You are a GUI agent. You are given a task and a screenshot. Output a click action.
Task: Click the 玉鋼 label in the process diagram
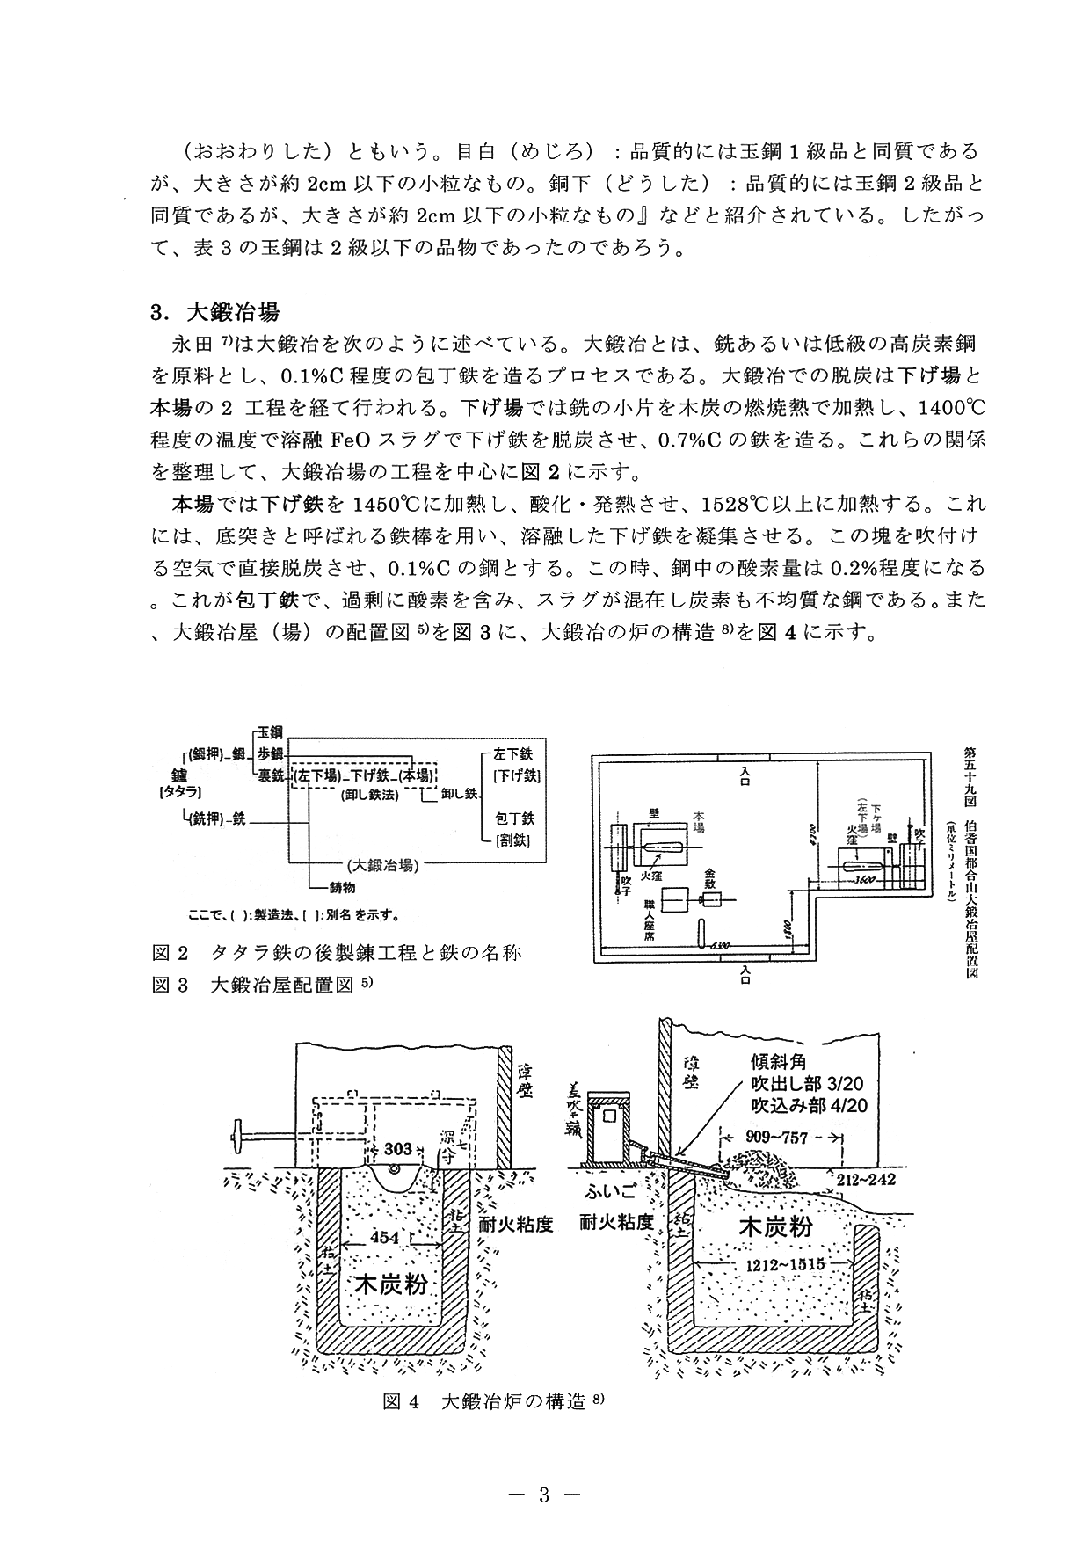click(x=270, y=731)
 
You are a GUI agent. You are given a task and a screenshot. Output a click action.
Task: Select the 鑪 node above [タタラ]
click(x=180, y=775)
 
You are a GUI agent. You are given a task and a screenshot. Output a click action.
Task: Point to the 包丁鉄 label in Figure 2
click(x=514, y=818)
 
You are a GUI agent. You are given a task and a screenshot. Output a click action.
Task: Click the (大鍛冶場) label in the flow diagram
click(x=381, y=863)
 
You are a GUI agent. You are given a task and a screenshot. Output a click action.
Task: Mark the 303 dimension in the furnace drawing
click(x=398, y=1149)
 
